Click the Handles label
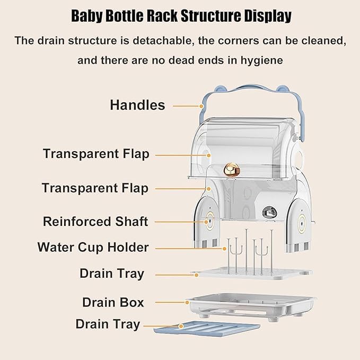click(x=137, y=105)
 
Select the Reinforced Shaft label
click(x=95, y=221)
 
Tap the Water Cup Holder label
click(x=93, y=247)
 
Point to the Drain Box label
click(x=113, y=303)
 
